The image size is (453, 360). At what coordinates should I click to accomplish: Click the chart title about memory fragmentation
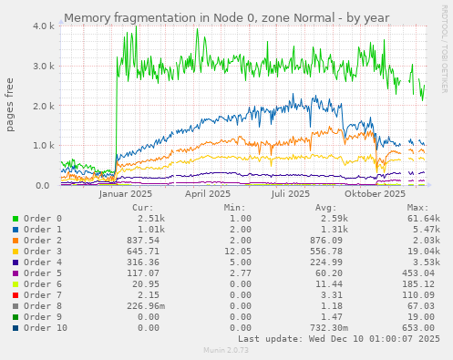tap(226, 17)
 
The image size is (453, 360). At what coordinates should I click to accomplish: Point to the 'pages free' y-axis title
tap(11, 106)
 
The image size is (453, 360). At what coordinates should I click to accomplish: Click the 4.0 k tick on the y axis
tap(42, 26)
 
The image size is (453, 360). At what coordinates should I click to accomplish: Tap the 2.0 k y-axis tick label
tap(42, 106)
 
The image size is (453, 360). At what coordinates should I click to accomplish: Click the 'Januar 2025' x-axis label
tap(125, 193)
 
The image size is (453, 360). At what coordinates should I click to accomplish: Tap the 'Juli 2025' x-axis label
tap(292, 193)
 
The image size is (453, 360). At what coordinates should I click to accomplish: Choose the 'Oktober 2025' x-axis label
tap(375, 193)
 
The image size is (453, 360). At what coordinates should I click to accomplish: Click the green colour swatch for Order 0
tap(15, 219)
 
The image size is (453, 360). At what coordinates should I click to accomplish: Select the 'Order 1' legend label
tap(43, 230)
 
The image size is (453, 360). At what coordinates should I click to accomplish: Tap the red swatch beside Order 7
tap(15, 295)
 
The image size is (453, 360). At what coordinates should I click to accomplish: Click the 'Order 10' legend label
tap(46, 328)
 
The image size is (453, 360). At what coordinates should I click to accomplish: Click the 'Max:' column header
tap(417, 208)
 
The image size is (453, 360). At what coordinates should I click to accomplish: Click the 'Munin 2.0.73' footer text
tap(226, 351)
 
